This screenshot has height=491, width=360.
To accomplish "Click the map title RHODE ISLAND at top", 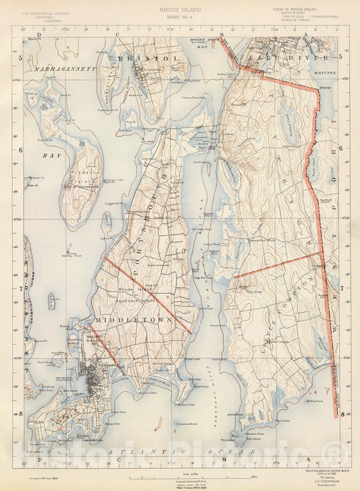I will [179, 10].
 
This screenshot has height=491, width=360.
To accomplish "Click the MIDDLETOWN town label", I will [127, 317].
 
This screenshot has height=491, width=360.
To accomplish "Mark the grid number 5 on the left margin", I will [20, 58].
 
